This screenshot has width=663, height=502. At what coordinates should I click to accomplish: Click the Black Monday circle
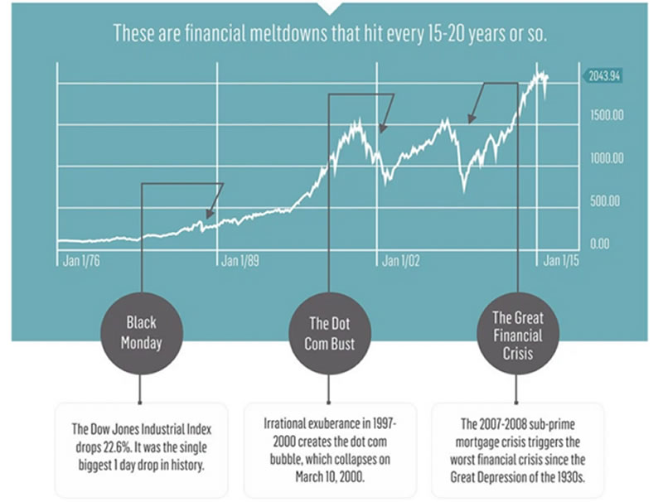coord(142,331)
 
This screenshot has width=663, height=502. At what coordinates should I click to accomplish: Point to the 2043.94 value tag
coord(603,75)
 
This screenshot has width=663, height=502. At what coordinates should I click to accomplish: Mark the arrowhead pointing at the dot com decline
coord(382,128)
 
